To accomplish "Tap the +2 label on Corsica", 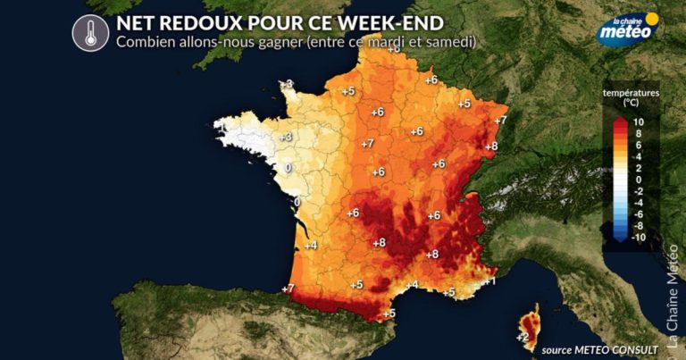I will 523,337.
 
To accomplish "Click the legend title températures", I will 631,93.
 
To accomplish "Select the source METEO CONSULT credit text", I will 599,348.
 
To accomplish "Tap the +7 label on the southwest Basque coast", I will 288,289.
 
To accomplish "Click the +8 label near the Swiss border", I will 490,147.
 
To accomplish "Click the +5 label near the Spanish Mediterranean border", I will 389,314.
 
